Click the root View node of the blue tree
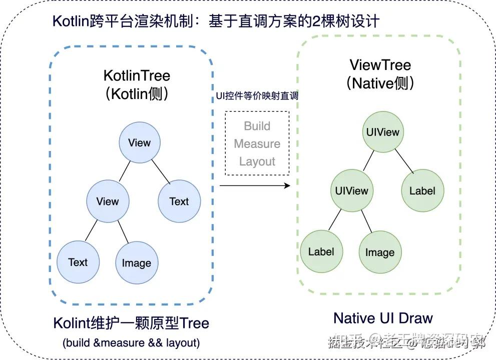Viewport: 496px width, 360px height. pos(139,142)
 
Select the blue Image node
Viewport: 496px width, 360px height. pos(136,263)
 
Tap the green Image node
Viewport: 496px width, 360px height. pos(379,252)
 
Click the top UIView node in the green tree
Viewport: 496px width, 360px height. pos(382,132)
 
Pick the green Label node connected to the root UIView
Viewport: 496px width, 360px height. pos(422,190)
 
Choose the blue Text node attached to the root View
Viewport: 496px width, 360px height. pos(179,201)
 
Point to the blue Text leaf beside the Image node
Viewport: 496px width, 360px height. pos(78,262)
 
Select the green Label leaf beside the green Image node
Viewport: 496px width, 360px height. pos(321,251)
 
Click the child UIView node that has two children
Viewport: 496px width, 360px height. pos(351,190)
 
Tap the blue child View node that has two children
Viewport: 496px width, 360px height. pos(108,201)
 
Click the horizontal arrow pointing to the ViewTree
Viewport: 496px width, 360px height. pos(255,185)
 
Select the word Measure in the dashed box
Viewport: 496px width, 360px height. pos(257,144)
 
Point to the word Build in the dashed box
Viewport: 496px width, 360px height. pos(257,126)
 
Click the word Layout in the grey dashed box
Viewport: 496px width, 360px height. pos(257,161)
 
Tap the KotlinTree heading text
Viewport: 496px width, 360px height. pos(137,75)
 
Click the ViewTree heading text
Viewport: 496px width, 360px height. pos(380,64)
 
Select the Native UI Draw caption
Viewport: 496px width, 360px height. pos(383,318)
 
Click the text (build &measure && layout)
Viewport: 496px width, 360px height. pos(131,343)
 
